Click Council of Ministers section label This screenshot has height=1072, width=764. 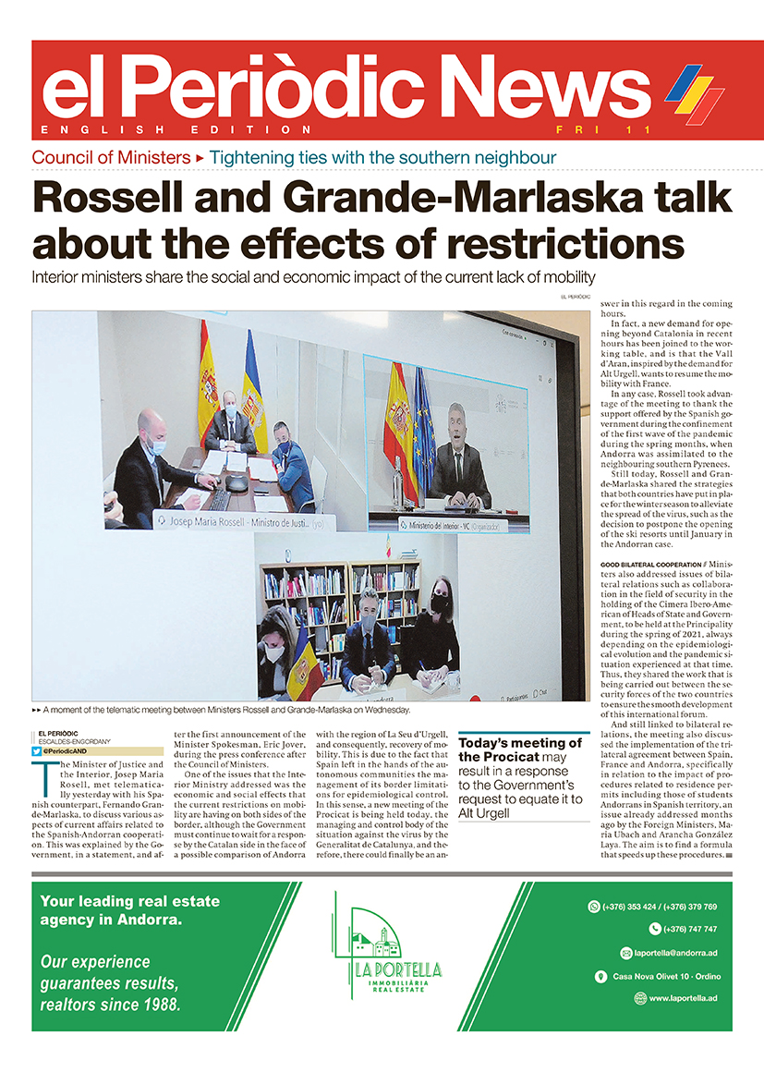pos(110,157)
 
